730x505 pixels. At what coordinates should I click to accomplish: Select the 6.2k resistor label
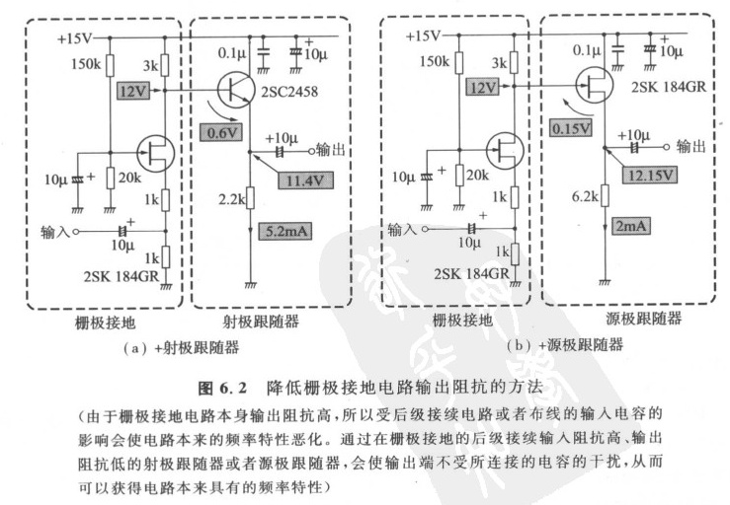point(584,195)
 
